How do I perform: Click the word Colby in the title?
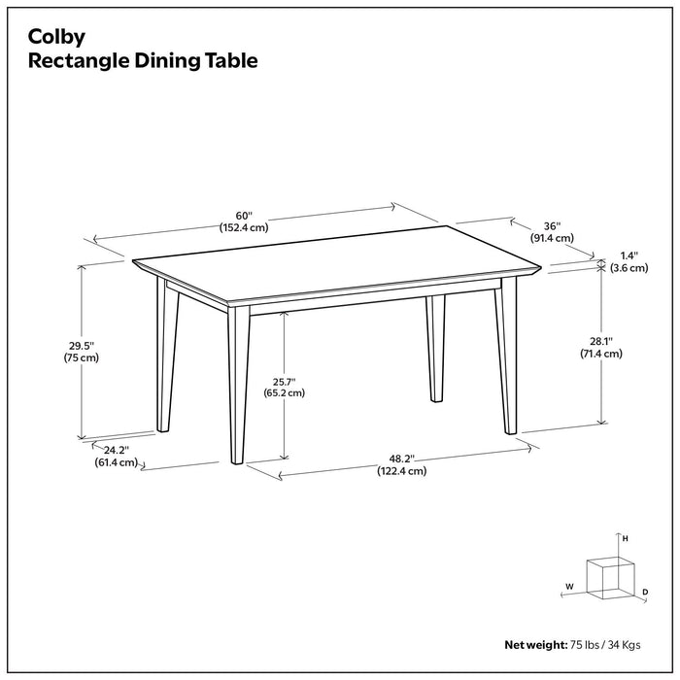[56, 37]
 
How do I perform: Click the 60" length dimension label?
[243, 216]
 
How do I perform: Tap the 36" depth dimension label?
[552, 225]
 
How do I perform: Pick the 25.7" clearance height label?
[284, 381]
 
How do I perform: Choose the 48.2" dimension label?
[402, 458]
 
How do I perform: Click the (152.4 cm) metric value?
[243, 228]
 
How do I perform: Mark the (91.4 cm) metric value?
[552, 238]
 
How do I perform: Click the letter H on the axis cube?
[626, 537]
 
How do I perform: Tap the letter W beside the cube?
[569, 586]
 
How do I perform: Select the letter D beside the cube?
[645, 591]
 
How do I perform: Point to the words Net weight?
[536, 644]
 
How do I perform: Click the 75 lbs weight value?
[586, 644]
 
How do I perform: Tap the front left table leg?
[238, 389]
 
